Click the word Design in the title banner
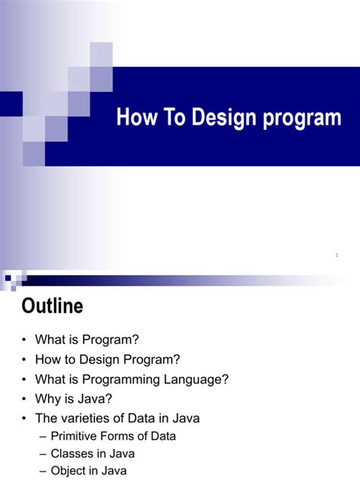(219, 118)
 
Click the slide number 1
(336, 255)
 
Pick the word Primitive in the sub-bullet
(76, 436)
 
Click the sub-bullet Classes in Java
(93, 454)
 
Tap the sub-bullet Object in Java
(89, 472)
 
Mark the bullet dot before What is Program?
(26, 339)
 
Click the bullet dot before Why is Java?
(26, 399)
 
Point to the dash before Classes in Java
(42, 454)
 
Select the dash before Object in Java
(42, 472)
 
